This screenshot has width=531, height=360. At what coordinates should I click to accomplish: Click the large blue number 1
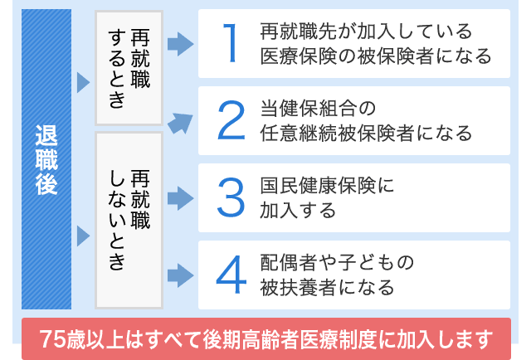232,43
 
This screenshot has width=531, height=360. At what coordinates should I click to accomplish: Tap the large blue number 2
231,120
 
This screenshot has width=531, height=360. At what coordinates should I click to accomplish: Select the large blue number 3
231,197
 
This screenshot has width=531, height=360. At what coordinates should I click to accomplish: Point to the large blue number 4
231,275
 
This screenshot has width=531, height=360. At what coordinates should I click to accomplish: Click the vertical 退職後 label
46,160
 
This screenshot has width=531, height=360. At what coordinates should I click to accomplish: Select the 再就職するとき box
129,68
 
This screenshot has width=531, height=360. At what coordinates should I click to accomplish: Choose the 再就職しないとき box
129,220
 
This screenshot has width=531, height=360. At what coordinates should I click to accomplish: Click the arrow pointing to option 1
181,44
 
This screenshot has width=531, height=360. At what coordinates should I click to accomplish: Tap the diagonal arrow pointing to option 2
180,123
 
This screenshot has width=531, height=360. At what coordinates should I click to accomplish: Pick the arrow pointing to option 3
181,198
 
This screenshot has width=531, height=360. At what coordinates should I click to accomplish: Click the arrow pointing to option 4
181,275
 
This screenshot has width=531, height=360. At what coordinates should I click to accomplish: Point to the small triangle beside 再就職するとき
83,82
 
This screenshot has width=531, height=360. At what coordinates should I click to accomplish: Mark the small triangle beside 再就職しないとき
83,236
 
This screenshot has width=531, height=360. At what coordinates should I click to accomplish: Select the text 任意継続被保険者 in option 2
337,133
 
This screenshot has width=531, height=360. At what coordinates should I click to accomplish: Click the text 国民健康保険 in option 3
318,186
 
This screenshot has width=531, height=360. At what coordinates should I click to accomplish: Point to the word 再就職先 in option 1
299,32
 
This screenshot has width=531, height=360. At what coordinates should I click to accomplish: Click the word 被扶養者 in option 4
298,288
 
